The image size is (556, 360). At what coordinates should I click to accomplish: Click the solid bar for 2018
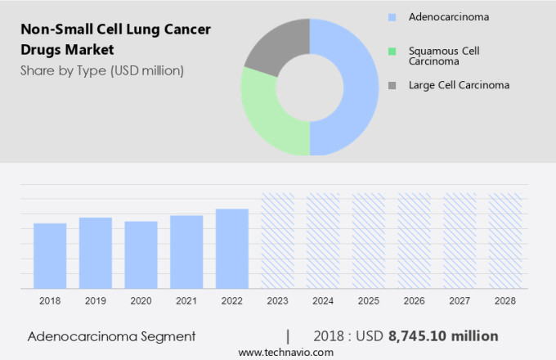pos(50,255)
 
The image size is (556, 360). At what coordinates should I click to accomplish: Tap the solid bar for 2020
pos(141,254)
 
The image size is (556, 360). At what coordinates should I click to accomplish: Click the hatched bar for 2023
pos(277,241)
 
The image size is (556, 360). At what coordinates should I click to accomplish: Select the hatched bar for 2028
pos(504,241)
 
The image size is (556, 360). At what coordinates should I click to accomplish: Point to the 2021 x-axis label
pos(186,301)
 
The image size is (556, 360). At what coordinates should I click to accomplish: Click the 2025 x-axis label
pos(368,301)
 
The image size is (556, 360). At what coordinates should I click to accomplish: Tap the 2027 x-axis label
pos(460,301)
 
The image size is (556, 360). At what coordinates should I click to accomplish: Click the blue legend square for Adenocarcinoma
pos(392,16)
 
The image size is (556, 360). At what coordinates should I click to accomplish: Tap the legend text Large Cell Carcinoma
pos(460,84)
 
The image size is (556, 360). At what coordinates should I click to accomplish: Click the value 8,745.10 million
pos(443,336)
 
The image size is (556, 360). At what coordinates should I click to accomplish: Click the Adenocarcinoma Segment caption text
pos(111,336)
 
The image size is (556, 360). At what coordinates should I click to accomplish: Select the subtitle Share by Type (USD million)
pos(102,70)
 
